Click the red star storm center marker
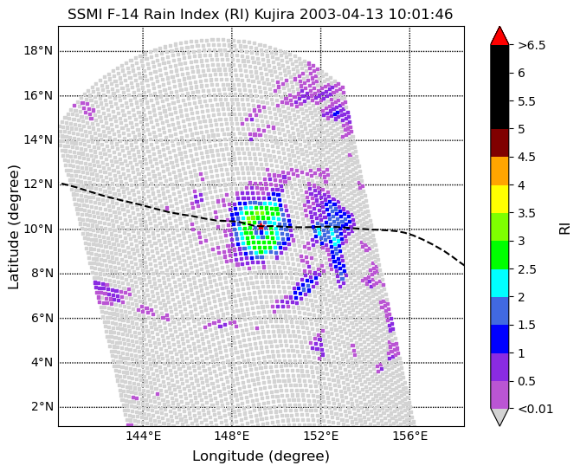(x=261, y=226)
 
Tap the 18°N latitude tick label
(x=38, y=51)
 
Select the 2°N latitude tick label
(x=42, y=407)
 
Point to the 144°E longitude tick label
(x=143, y=436)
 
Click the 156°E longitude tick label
(x=409, y=436)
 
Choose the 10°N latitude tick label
(x=38, y=229)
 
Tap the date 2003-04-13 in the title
(x=340, y=15)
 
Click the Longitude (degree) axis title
(x=261, y=456)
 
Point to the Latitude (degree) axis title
(x=13, y=227)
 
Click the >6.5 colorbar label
(x=532, y=45)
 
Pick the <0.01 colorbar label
(x=535, y=409)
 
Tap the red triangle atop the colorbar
(x=499, y=36)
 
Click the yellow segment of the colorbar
(x=499, y=199)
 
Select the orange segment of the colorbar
(x=499, y=171)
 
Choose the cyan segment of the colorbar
(x=499, y=283)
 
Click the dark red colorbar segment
(x=499, y=143)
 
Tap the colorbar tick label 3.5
(x=526, y=213)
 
